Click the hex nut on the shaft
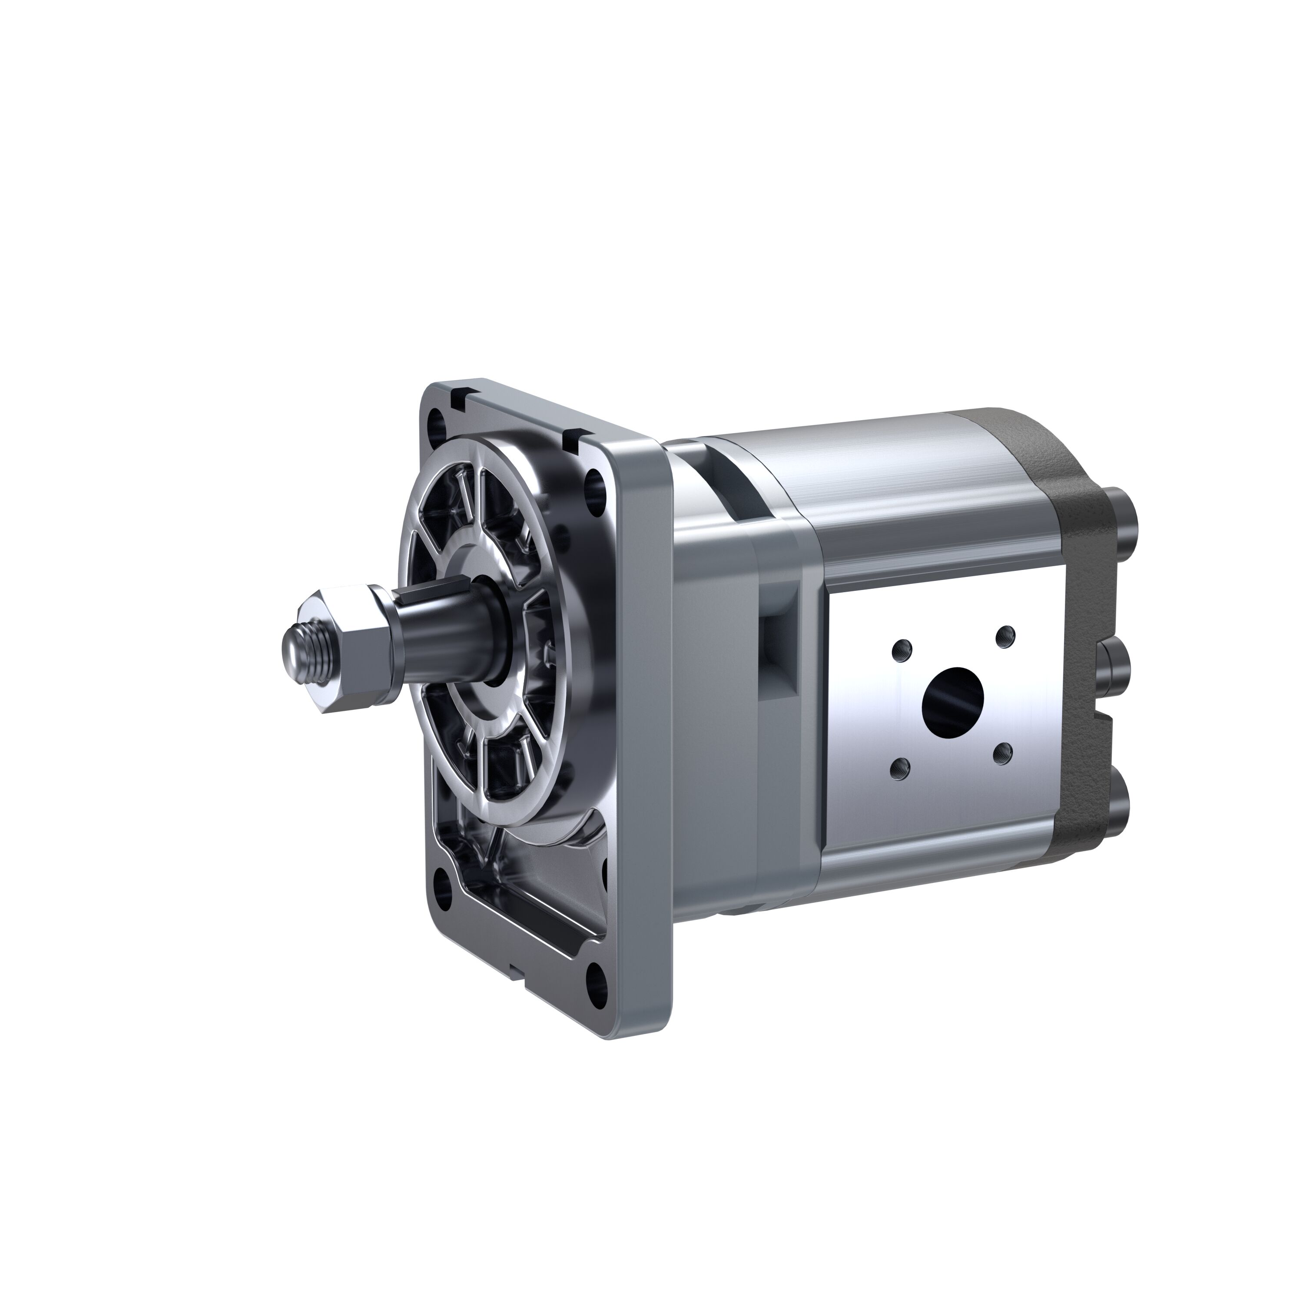[352, 648]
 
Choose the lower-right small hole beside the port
[1002, 756]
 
